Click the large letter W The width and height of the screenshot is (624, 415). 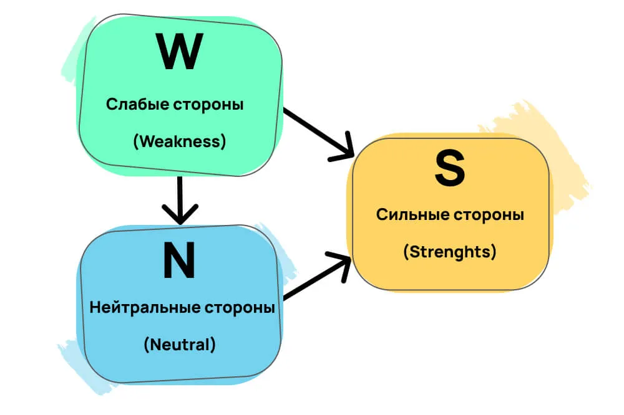coord(180,52)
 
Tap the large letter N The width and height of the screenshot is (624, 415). coord(179,261)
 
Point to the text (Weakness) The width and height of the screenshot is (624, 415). coord(179,141)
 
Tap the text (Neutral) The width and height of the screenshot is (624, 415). coord(179,345)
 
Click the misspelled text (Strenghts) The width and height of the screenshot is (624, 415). coord(449,252)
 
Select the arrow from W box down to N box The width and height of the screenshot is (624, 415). coord(180,196)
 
